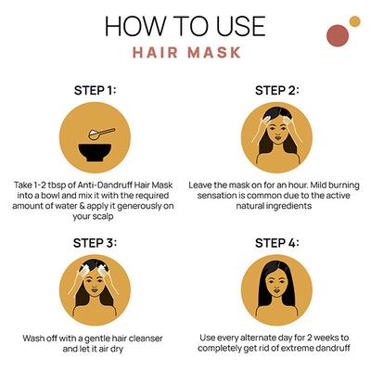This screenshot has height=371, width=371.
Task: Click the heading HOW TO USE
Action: coord(185,26)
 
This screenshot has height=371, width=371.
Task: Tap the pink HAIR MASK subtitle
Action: coord(186,53)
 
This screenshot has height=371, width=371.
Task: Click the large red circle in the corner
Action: coord(338,35)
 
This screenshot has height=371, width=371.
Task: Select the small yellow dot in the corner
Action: coord(355,21)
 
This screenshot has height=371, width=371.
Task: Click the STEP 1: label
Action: coord(95,91)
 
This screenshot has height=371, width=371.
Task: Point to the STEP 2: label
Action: coord(277,91)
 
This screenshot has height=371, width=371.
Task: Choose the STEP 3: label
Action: coord(95,243)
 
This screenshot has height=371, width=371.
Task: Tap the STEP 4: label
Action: coord(277,243)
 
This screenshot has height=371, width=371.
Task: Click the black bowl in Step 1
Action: coord(95,152)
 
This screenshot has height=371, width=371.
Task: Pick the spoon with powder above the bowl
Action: coord(102,134)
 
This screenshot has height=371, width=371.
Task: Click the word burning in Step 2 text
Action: coord(343,185)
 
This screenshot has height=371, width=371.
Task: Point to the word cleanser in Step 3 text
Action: coord(146,339)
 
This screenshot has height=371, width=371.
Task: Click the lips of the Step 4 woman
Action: coord(276,291)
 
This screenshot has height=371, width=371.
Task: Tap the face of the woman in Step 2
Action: coord(277,132)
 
